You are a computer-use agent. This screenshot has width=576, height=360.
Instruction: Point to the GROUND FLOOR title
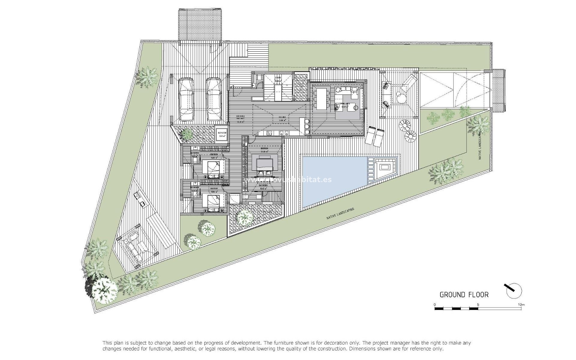(464, 295)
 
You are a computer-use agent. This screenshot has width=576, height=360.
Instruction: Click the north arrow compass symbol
(514, 291)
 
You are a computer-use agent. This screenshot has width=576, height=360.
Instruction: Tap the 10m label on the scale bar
(521, 305)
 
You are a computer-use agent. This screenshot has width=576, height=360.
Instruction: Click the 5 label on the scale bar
(478, 305)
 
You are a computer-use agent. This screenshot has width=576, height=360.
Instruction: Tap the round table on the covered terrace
(401, 97)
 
